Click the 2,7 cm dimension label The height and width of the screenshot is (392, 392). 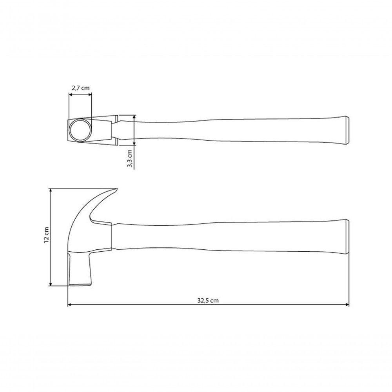click(80, 88)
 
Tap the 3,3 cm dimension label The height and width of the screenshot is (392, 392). click(129, 158)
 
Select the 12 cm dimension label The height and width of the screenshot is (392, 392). click(46, 235)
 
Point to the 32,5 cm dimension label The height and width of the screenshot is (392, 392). click(208, 300)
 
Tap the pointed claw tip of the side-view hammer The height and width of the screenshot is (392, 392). click(116, 189)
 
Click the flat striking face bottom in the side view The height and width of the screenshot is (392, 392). click(80, 285)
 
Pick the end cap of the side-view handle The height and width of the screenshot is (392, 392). click(347, 236)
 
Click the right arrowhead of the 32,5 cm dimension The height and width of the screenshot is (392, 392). click(347, 305)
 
